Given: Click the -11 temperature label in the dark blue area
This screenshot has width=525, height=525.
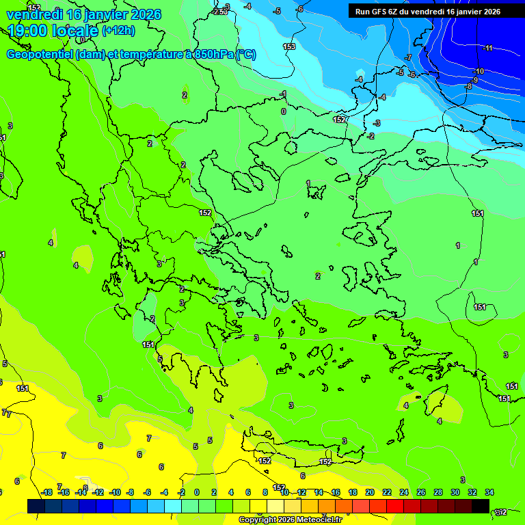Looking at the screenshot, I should [x=487, y=48].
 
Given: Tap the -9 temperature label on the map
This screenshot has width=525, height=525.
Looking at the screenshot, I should [x=474, y=80].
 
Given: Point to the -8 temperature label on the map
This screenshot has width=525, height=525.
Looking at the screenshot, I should [x=468, y=87].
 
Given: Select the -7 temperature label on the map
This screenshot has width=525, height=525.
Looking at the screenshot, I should [x=408, y=57].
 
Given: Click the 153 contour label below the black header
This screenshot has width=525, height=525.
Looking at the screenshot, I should [x=289, y=46].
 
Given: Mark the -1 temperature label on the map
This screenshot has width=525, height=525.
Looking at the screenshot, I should [x=284, y=94].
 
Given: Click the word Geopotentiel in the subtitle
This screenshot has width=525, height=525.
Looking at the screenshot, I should [x=40, y=55].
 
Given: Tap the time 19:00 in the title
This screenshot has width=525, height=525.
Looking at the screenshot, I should [x=28, y=31].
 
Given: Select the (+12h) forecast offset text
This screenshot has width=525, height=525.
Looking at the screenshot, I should [x=118, y=31].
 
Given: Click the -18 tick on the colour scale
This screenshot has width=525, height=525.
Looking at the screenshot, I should [x=46, y=492].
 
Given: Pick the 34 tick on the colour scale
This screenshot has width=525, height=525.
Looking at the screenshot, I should [x=489, y=492].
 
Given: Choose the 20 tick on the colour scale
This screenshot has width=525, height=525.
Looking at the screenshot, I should [x=370, y=492].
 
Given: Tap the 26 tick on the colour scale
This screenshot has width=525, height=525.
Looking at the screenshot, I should [x=421, y=492].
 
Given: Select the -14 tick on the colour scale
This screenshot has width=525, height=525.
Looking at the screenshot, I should [x=81, y=492].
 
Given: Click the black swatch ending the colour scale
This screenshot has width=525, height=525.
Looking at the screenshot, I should [x=480, y=506].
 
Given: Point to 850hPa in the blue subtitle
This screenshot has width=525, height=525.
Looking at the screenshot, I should [x=214, y=55].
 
